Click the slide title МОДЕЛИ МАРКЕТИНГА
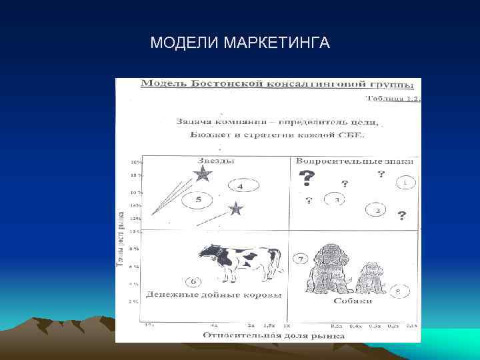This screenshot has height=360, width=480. [x=240, y=43]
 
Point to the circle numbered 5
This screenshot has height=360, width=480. [x=198, y=200]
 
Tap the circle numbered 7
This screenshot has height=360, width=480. [x=301, y=258]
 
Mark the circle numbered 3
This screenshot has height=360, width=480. [x=337, y=199]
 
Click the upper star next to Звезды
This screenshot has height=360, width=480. [x=203, y=175]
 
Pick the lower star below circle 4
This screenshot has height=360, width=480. [x=236, y=209]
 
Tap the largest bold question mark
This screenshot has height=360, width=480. [x=306, y=177]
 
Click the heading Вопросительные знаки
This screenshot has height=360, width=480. [x=354, y=161]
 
